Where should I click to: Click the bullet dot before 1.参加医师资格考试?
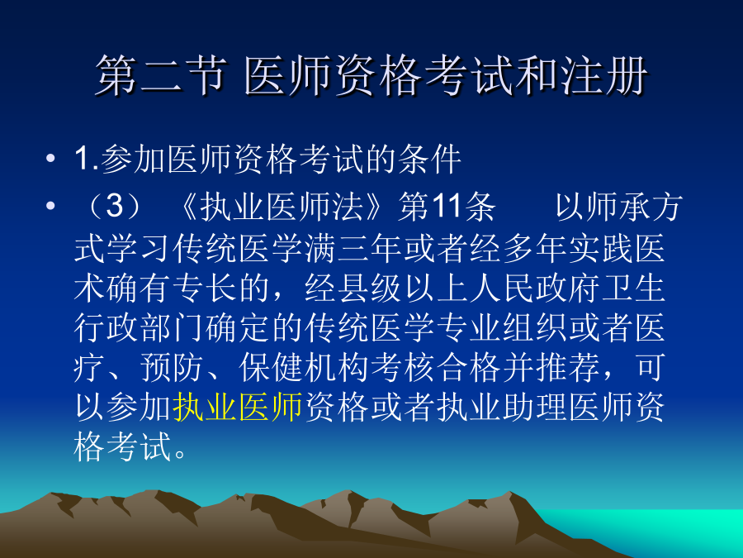[50, 159]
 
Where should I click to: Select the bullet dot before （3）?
[50, 207]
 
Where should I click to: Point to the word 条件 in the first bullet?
[430, 159]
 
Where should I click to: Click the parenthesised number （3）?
[115, 207]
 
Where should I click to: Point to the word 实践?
[601, 248]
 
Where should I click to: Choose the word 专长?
[206, 288]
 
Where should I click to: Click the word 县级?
[370, 288]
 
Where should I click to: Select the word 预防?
[172, 368]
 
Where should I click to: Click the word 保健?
[271, 368]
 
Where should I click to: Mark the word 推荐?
[568, 368]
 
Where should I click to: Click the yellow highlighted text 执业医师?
[238, 408]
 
